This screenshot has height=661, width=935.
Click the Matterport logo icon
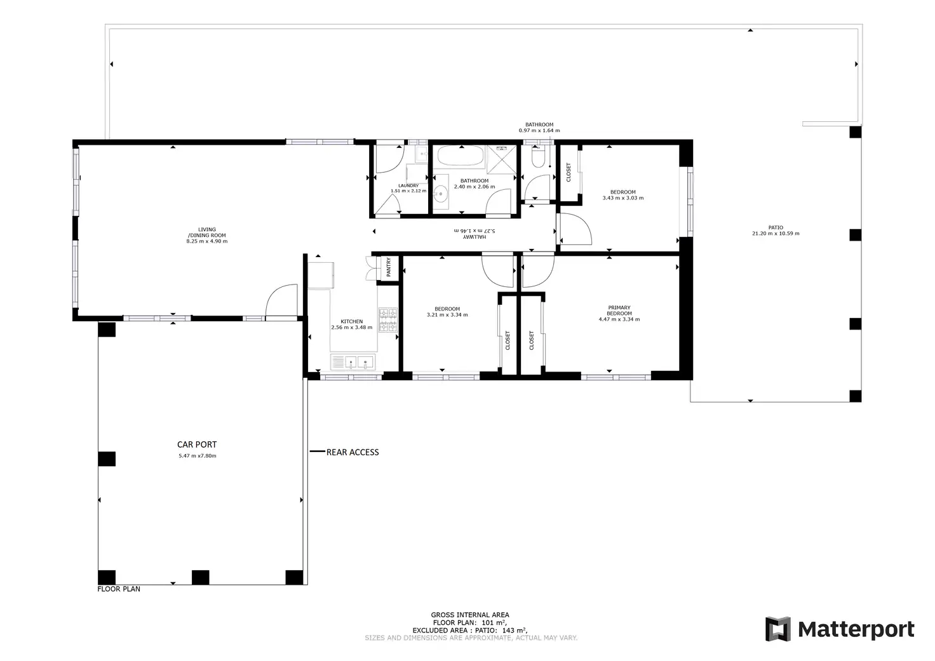click(777, 629)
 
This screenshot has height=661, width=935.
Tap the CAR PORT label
click(197, 444)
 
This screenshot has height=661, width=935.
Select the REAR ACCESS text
click(353, 452)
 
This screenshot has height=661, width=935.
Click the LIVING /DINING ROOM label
click(206, 232)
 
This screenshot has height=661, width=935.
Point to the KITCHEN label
click(351, 321)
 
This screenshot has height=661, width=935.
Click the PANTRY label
click(389, 267)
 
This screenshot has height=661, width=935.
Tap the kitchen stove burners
click(388, 320)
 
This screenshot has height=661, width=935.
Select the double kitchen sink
click(352, 363)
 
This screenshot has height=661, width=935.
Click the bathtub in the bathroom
click(461, 157)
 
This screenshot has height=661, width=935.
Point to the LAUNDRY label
click(408, 185)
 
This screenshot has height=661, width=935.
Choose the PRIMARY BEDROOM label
click(619, 310)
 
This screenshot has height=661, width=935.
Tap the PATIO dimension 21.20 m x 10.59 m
click(776, 234)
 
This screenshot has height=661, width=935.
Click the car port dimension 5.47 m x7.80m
click(197, 456)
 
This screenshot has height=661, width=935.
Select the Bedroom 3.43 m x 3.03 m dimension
click(622, 198)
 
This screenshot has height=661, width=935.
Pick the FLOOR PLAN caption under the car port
click(119, 589)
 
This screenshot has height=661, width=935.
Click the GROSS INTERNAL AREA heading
click(470, 615)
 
